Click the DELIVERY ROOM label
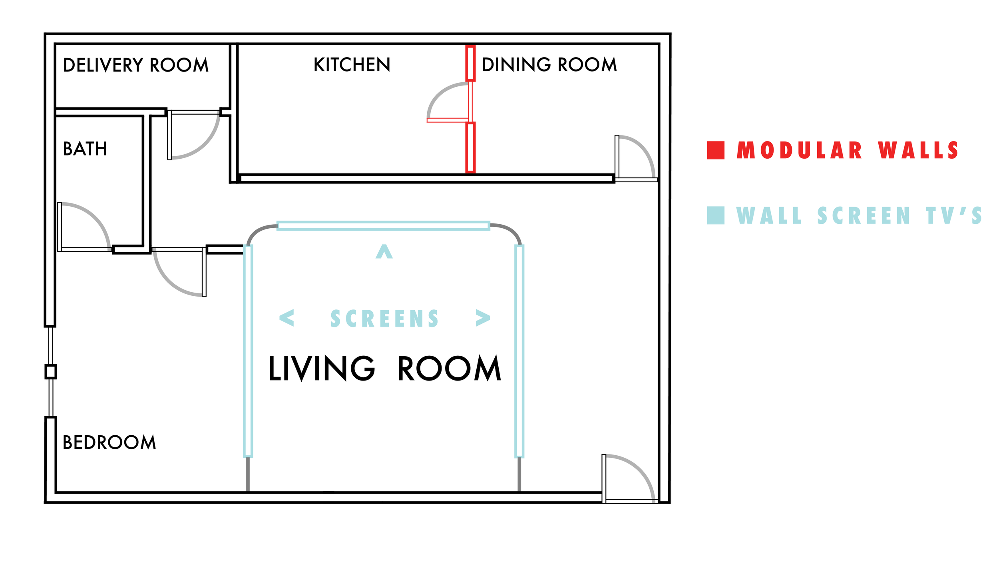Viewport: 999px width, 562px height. coord(136,65)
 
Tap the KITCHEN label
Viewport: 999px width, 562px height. coord(352,65)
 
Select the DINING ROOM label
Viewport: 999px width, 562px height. coord(549,65)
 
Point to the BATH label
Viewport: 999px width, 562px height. coord(85,149)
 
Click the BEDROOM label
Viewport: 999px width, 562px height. coord(109,442)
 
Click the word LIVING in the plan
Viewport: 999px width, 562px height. coord(322,369)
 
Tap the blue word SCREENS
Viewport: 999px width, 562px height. coord(384,319)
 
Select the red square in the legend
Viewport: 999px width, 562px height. coord(716,150)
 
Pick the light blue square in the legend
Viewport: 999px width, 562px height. coord(716,215)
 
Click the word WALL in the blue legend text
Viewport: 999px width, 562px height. coord(769,216)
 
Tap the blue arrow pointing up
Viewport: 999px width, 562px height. coord(384,252)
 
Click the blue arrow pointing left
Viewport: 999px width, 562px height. coord(287,318)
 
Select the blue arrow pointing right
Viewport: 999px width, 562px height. coord(483,318)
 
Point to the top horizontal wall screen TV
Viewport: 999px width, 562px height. coord(384,226)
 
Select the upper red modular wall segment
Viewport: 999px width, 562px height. coord(471,64)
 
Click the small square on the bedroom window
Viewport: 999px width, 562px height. coord(51,372)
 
